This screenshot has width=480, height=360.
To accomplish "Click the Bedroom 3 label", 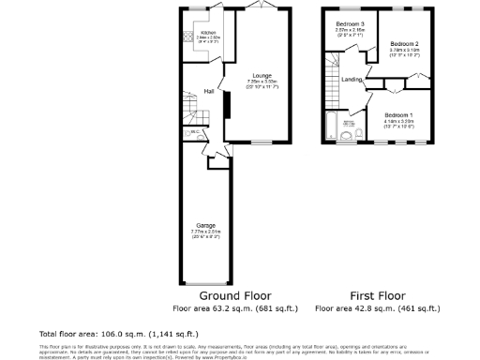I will pyautogui.click(x=350, y=23).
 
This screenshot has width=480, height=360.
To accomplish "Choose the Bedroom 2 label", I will pyautogui.click(x=404, y=44).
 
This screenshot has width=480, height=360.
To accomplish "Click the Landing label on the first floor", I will pyautogui.click(x=352, y=79).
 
